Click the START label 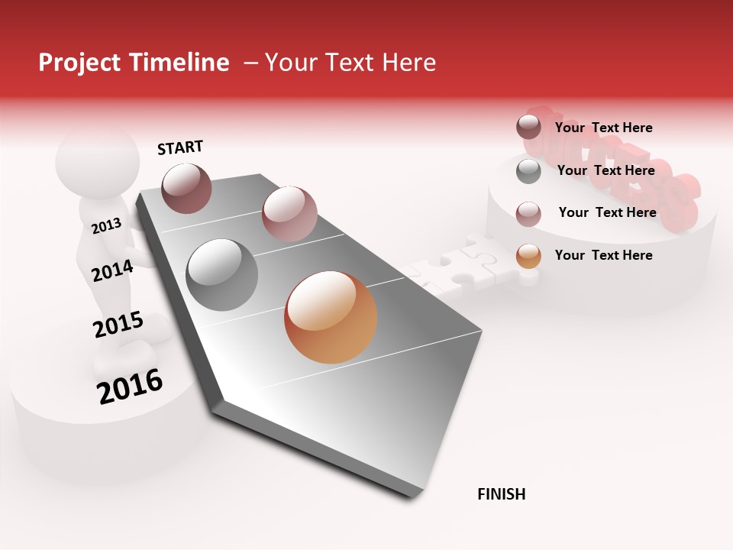tap(180, 147)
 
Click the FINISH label tap(501, 494)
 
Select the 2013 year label tap(106, 225)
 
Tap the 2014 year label tap(112, 270)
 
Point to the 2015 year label tap(118, 325)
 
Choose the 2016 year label tap(130, 387)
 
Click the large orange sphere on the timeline tap(331, 317)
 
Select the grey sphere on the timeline tap(221, 274)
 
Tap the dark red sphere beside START tap(186, 188)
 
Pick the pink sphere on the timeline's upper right tap(289, 213)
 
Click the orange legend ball tap(528, 257)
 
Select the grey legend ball tap(528, 171)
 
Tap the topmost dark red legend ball tap(528, 127)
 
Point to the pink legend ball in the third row tap(528, 214)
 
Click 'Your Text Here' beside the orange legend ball tap(603, 255)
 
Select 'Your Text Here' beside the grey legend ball tap(605, 170)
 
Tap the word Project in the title tap(77, 63)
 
